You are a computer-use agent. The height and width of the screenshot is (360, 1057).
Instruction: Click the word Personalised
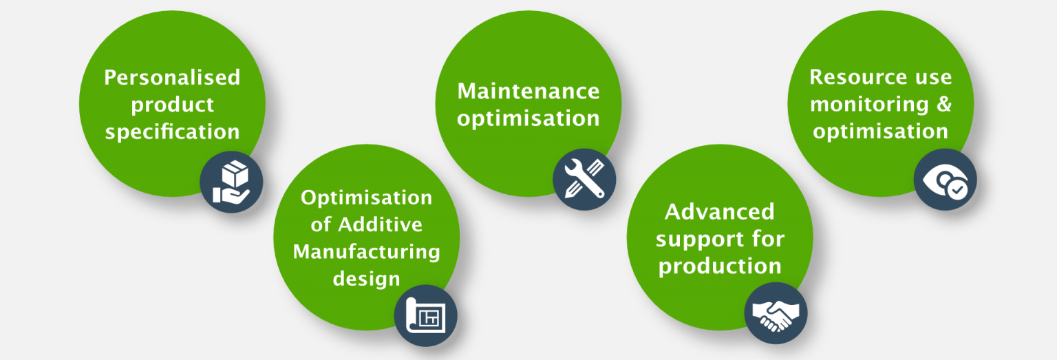click(x=172, y=77)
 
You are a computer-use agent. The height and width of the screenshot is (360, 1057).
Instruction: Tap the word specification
click(x=172, y=132)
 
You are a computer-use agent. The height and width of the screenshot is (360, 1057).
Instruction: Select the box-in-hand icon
click(x=231, y=182)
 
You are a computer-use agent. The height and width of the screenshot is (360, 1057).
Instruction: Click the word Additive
click(x=380, y=224)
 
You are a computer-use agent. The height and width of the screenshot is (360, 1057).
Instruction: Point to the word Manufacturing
click(x=367, y=252)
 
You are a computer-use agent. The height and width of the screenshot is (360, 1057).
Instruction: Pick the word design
click(x=367, y=279)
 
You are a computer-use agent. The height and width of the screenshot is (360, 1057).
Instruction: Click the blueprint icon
click(x=425, y=315)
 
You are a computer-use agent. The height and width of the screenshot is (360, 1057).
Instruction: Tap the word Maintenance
click(x=528, y=91)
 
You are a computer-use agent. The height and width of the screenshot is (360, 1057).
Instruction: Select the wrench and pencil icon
click(x=584, y=179)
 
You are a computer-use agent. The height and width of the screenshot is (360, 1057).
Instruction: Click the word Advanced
click(x=720, y=212)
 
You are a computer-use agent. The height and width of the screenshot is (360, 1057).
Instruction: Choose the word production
click(x=720, y=266)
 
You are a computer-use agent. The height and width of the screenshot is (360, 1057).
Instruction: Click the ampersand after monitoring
click(x=944, y=104)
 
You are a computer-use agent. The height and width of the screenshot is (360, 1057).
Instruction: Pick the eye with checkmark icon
click(x=946, y=181)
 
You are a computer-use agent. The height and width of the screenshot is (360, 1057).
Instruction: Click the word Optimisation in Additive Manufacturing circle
click(x=367, y=198)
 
